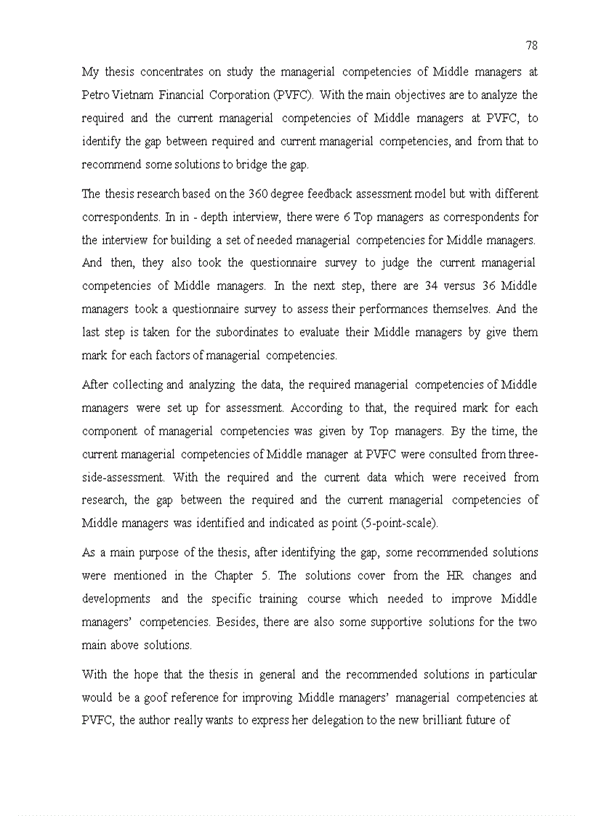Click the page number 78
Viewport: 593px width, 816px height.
point(531,46)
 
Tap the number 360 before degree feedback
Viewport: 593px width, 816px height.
point(259,194)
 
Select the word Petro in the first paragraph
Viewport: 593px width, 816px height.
point(95,95)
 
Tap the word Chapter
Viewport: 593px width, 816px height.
point(233,576)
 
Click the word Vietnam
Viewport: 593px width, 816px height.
point(136,95)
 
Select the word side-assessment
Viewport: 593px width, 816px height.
point(123,478)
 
